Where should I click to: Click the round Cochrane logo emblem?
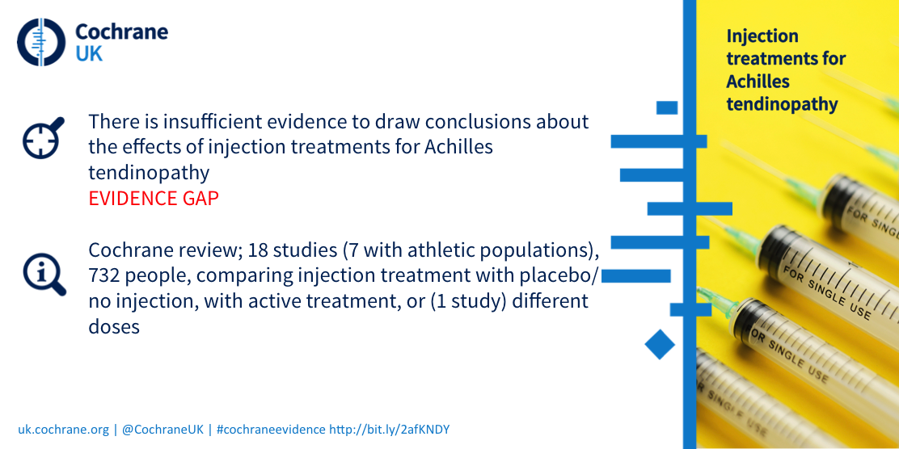tap(41, 42)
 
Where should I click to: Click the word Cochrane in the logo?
tap(122, 31)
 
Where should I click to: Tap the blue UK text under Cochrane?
tap(90, 54)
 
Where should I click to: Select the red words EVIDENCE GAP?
tap(154, 198)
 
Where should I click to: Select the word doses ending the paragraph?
tap(114, 326)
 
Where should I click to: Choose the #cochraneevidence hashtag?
tap(271, 430)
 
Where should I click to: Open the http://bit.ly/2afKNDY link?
tap(392, 430)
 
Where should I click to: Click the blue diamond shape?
tap(660, 344)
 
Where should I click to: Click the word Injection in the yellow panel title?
tap(762, 36)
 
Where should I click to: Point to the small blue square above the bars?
tap(667, 107)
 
